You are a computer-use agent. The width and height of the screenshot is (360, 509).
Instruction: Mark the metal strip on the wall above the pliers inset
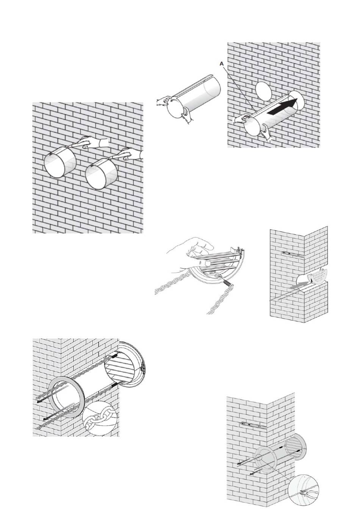pos(252,425)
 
